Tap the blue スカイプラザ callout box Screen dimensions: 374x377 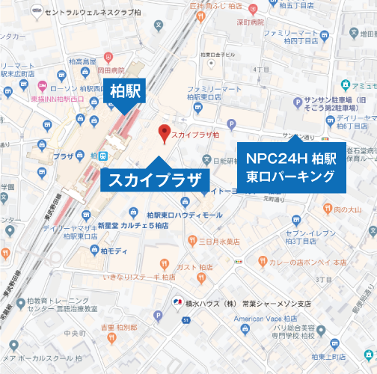click(155, 180)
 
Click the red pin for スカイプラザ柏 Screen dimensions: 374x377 click(165, 134)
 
